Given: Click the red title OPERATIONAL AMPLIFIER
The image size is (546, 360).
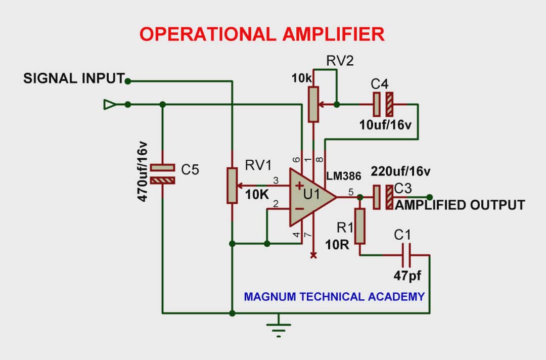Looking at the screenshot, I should pos(262,34).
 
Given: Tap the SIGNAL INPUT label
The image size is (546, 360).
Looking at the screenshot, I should pos(74,79).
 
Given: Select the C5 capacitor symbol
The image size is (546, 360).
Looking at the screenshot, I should pos(163,173).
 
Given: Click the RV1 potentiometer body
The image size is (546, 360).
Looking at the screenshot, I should pos(232,186).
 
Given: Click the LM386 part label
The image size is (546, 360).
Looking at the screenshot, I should pos(344,176).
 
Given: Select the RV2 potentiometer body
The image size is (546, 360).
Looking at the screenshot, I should pos(314,104).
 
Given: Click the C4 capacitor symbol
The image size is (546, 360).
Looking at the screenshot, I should pos(383,104).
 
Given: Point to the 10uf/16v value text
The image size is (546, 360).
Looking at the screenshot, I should pos(386,125).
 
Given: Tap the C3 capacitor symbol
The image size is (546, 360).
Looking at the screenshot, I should pos(383,197).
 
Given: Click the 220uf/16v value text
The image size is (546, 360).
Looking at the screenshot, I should pos(401,171).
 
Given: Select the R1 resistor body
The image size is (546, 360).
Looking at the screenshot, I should pos(359,226).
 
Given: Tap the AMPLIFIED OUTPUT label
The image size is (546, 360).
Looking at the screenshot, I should pos(460,205).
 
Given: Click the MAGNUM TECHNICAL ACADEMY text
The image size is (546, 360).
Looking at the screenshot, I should pos(334,296).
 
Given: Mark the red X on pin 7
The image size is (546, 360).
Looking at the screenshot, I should pos(313,255).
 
